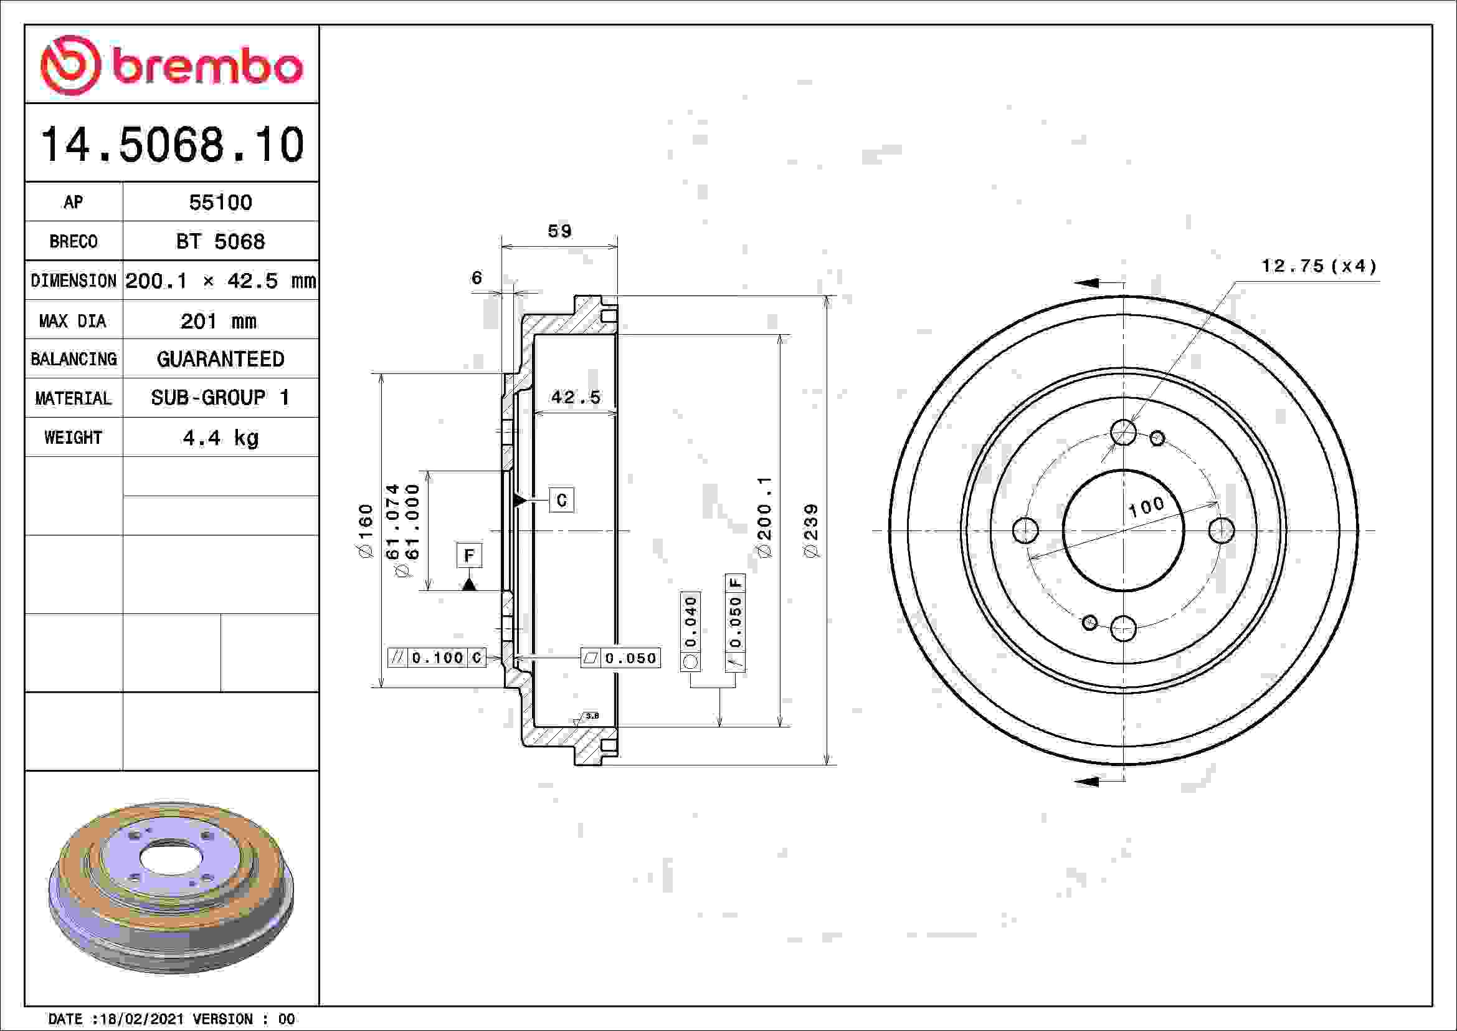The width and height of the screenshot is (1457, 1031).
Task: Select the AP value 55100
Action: (x=220, y=203)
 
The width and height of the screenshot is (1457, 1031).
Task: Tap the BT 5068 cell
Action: (x=220, y=242)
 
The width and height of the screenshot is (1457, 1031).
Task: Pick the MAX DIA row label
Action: (x=72, y=321)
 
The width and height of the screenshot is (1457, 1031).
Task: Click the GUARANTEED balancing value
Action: (x=220, y=359)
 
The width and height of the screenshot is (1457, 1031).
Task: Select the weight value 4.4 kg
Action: (x=220, y=438)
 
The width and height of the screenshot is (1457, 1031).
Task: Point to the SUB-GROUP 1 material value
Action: (x=220, y=398)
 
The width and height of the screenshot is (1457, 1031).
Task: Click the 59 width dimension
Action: (x=559, y=231)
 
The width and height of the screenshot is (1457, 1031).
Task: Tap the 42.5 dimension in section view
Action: (x=575, y=398)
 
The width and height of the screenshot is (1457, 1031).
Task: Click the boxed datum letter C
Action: (x=561, y=501)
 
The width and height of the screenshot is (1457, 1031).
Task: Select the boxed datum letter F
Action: (x=469, y=555)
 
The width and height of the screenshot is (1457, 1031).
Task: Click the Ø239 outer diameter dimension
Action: (x=811, y=530)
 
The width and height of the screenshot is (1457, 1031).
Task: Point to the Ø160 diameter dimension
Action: (x=366, y=530)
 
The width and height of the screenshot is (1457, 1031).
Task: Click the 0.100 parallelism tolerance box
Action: (x=437, y=658)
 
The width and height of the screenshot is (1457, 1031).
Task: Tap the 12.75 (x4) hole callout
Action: (x=1319, y=266)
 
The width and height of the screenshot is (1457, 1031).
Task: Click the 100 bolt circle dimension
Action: (x=1146, y=507)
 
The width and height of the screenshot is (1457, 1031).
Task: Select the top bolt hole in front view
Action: (x=1123, y=433)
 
